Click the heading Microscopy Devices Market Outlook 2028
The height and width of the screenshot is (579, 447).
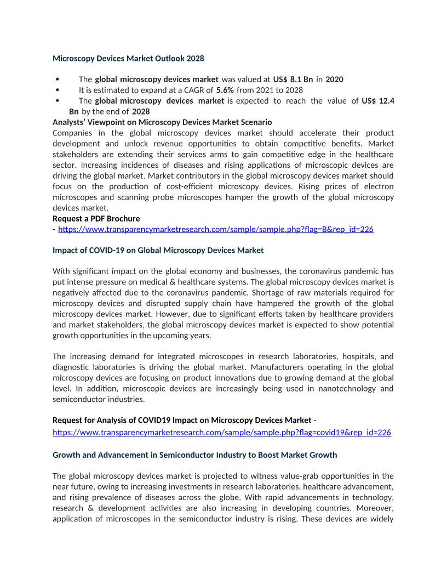(x=128, y=58)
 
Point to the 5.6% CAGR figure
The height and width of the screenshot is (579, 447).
(x=225, y=90)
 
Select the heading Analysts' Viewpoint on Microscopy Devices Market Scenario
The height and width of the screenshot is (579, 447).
(x=162, y=122)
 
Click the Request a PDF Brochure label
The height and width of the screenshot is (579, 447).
(x=96, y=219)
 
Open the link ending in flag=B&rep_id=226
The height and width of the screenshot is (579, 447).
(x=216, y=229)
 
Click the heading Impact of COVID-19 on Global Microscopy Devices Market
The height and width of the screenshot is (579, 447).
(x=158, y=251)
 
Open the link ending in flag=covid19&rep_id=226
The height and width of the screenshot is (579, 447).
(x=222, y=433)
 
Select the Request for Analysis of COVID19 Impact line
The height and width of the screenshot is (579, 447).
(x=182, y=421)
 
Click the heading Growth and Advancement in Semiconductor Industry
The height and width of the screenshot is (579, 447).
(x=194, y=455)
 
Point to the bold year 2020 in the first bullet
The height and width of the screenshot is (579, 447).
(x=334, y=80)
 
